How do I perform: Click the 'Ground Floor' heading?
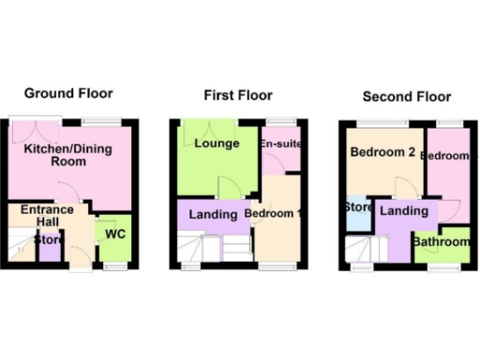point(68,93)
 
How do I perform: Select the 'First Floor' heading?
point(238,96)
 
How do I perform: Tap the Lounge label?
point(218,143)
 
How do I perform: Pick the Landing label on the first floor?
point(213,215)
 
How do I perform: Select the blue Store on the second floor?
point(357,211)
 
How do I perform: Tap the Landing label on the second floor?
point(404,212)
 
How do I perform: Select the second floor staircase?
point(366,251)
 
